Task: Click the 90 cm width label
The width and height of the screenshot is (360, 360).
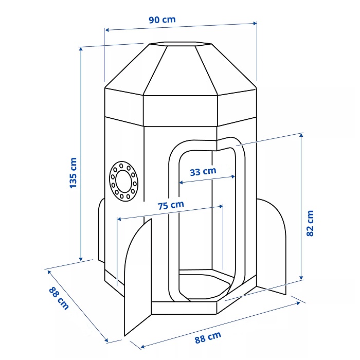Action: (x=162, y=20)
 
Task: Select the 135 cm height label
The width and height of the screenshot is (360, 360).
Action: (x=73, y=172)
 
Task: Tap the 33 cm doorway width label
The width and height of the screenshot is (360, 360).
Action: (x=203, y=172)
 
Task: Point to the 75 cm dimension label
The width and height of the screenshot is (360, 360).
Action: (x=170, y=205)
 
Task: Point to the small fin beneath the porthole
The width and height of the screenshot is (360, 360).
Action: (x=101, y=231)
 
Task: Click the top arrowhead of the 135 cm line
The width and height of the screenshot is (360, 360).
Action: (x=81, y=48)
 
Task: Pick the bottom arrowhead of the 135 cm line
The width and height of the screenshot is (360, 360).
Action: (x=81, y=260)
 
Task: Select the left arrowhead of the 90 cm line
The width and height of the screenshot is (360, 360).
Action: (x=106, y=29)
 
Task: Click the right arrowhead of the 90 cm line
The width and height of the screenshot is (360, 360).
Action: (x=256, y=23)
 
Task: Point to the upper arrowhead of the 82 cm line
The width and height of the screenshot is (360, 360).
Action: (x=301, y=134)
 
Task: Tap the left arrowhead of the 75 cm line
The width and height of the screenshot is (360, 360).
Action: (x=119, y=220)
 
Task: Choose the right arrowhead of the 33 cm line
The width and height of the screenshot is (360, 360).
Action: (x=235, y=176)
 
